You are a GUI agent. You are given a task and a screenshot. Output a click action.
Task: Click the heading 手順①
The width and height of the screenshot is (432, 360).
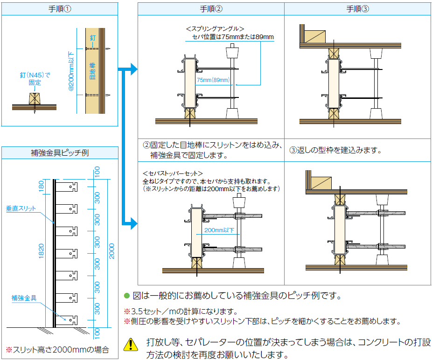coord(60,9)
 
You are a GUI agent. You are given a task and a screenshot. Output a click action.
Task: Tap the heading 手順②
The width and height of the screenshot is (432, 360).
coord(211,9)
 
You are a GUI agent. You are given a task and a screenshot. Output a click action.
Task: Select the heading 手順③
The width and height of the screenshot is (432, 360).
coord(357,9)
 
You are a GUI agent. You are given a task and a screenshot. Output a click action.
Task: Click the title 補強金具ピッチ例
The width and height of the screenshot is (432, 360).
coord(60,152)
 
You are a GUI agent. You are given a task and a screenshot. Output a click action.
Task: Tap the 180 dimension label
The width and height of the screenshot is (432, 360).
coord(41,187)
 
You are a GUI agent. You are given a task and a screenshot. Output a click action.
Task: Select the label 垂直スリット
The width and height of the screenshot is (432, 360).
coord(21,208)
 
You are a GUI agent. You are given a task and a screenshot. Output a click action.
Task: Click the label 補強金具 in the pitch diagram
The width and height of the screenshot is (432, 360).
coord(24,298)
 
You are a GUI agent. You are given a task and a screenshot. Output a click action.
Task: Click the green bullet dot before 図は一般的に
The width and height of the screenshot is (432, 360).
coord(126,296)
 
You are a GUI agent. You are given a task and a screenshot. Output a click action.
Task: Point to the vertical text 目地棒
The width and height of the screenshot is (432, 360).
coord(92,70)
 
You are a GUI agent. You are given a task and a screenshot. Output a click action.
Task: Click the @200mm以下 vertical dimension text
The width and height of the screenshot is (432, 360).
coord(72,70)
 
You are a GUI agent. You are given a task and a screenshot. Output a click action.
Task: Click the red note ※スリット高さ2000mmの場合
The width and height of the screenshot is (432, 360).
coord(57,349)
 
